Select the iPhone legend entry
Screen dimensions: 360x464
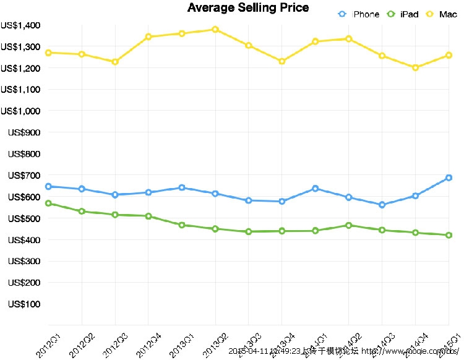pos(359,14)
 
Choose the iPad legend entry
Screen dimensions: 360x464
pos(403,14)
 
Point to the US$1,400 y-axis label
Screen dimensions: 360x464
pos(20,25)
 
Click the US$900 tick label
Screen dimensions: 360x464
pos(24,132)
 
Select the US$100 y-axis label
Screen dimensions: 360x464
pos(24,304)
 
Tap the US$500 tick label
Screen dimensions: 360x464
pos(24,218)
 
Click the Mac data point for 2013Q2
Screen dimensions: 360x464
pos(215,29)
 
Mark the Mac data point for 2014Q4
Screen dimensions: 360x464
pos(416,67)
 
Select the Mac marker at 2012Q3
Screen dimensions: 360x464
pos(114,62)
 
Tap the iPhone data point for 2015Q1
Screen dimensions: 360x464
pos(449,178)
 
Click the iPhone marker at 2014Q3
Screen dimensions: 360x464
pos(382,205)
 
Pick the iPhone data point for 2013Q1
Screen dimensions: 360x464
pos(182,187)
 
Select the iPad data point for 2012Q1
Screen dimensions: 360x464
pos(48,204)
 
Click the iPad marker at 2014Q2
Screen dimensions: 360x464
pos(349,226)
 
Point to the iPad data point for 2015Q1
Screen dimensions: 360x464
pos(449,235)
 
